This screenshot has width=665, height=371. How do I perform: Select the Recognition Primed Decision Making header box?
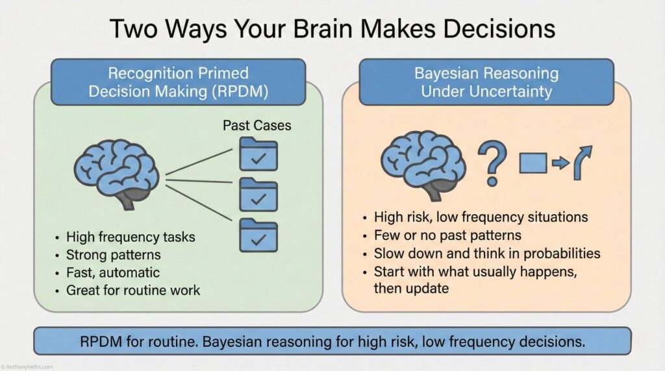[x=178, y=82]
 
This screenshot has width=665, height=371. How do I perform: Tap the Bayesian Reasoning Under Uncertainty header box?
[x=486, y=82]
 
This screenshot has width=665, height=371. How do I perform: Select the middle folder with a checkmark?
[x=258, y=194]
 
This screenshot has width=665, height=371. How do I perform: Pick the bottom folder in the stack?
[x=258, y=235]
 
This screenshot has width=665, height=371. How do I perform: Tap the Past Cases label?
[x=257, y=125]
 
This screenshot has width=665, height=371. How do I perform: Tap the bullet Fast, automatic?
[x=112, y=272]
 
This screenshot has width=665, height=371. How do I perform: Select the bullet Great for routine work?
[x=132, y=290]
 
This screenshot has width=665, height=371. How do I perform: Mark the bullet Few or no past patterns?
[x=447, y=235]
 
